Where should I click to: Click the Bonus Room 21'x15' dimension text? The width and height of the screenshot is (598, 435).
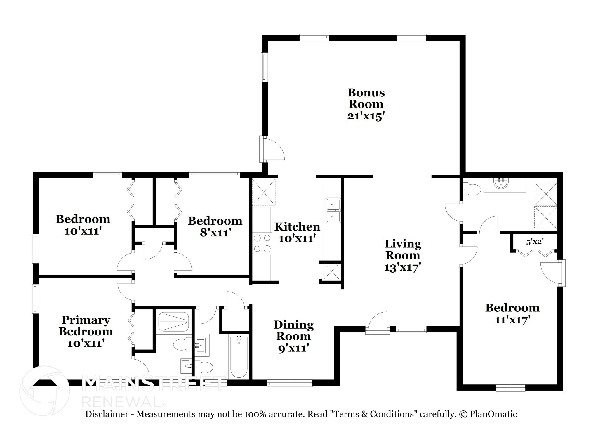tap(365, 116)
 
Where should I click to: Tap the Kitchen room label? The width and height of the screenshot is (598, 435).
tap(297, 227)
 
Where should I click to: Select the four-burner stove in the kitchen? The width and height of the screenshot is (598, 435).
tap(262, 243)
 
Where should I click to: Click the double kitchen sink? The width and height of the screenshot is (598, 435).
tap(333, 210)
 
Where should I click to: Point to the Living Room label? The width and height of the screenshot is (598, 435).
tap(403, 249)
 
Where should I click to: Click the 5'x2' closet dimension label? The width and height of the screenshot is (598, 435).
tap(534, 242)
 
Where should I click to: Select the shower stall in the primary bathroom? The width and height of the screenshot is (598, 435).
tap(173, 322)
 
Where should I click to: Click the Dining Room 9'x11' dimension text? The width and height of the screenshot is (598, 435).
tap(293, 348)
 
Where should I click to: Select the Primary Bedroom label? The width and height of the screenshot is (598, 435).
tap(86, 325)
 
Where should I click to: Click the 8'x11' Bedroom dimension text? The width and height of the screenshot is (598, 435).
tap(215, 233)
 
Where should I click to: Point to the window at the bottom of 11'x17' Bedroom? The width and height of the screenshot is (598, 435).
tap(510, 388)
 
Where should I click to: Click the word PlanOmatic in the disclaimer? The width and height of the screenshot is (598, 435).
tap(493, 414)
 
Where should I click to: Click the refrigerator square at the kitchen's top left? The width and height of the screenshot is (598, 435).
tap(264, 192)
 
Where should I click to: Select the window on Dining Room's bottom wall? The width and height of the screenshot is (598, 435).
tap(290, 383)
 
